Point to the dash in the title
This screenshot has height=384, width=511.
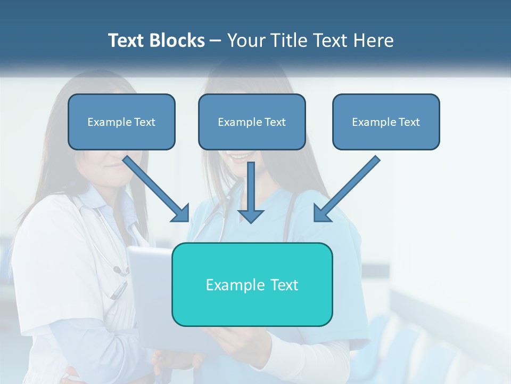[216, 41]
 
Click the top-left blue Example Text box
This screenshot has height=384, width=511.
[121, 122]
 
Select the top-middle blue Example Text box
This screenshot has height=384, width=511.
[252, 122]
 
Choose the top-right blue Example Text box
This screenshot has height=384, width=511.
[386, 122]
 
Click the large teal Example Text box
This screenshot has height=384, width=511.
[252, 284]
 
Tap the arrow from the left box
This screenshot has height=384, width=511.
[157, 189]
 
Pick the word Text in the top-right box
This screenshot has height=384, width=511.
[409, 122]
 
